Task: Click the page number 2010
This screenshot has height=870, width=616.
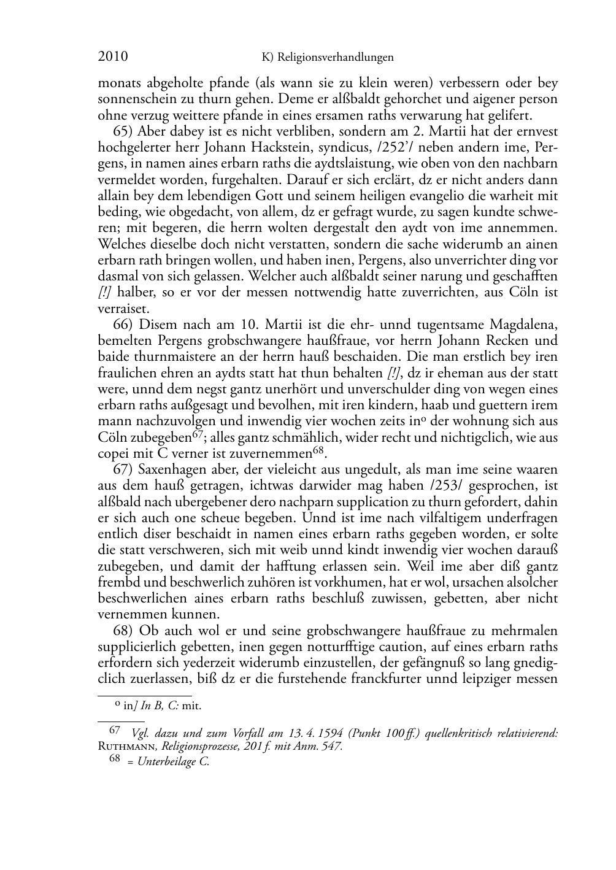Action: [x=113, y=57]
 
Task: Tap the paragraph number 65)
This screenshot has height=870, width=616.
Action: [x=123, y=131]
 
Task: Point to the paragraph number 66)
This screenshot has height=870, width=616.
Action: [x=123, y=325]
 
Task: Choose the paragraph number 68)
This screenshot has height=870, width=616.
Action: [x=123, y=631]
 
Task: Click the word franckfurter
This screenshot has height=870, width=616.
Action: [x=423, y=679]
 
